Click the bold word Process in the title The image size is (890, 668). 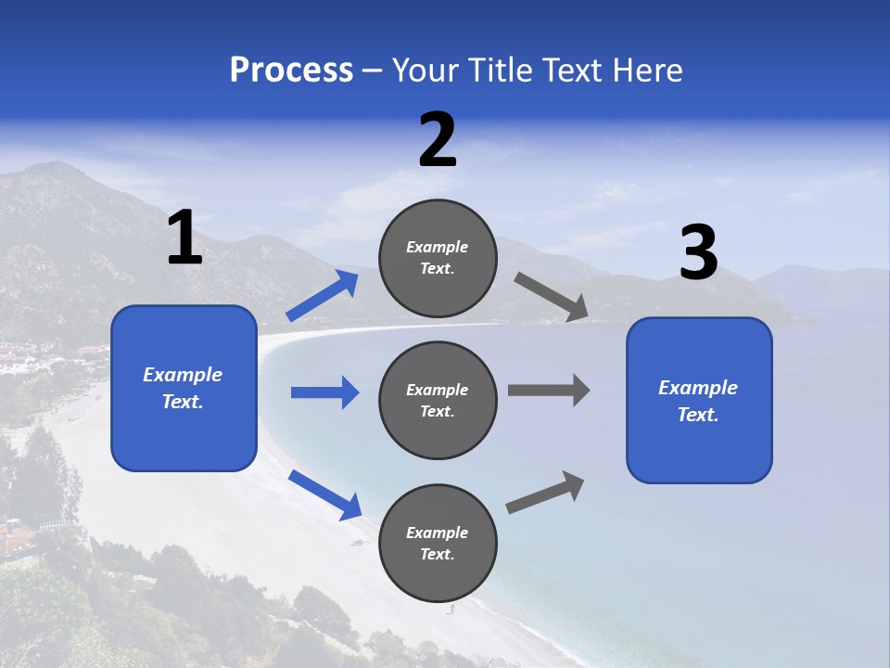click(x=291, y=71)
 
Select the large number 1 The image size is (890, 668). click(x=184, y=238)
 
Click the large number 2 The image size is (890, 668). click(x=438, y=141)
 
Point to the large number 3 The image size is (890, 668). click(x=698, y=253)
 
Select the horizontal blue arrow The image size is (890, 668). click(x=324, y=392)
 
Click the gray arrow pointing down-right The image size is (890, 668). click(x=552, y=297)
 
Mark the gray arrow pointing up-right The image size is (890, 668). click(x=545, y=493)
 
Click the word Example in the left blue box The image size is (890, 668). click(x=183, y=375)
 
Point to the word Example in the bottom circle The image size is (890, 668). click(x=438, y=533)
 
